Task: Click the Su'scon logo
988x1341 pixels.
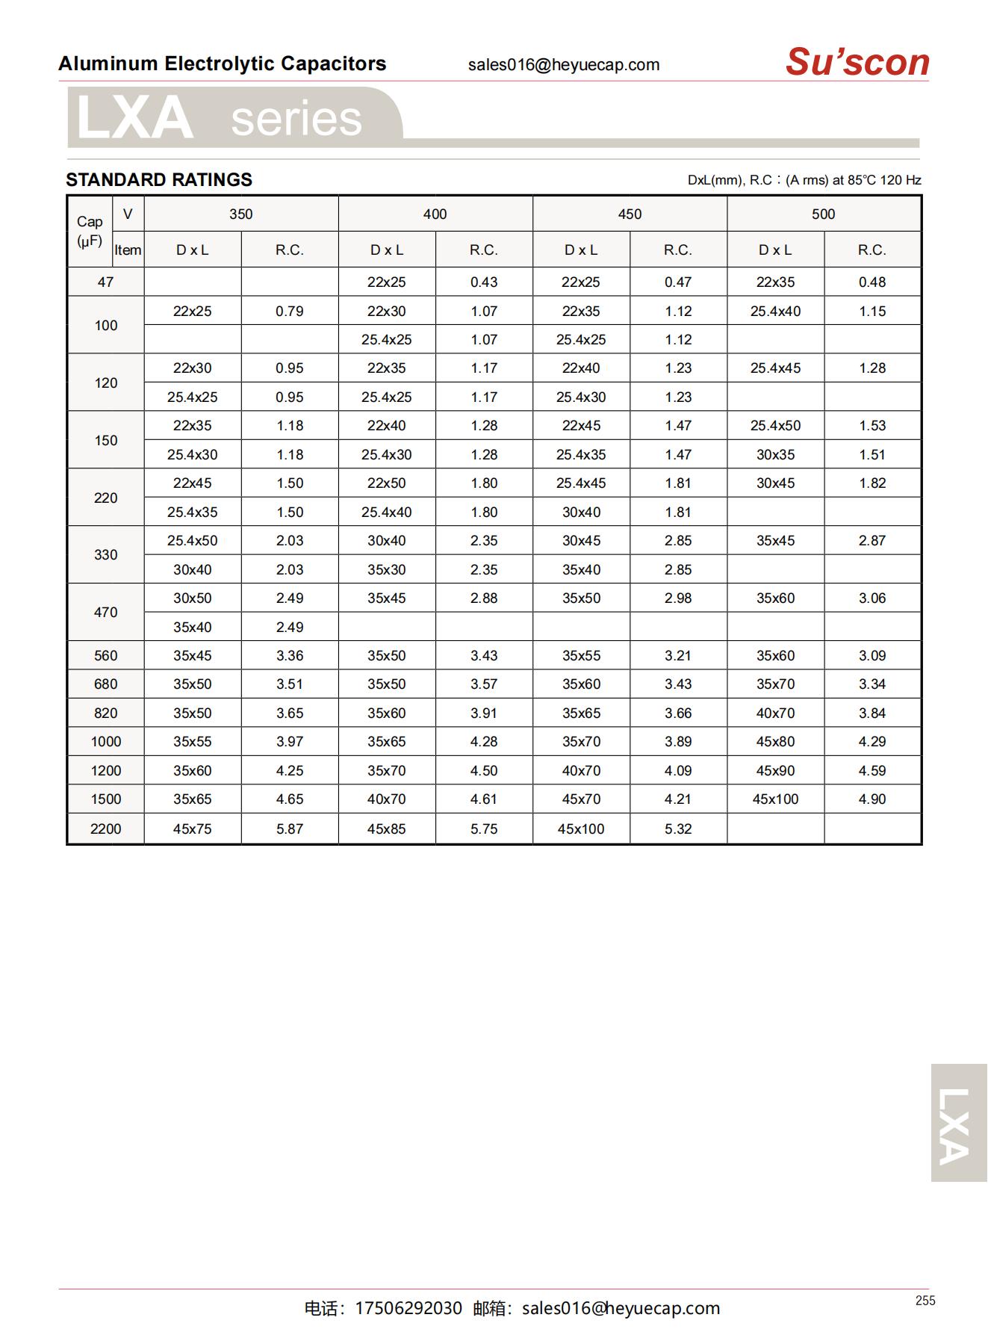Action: click(x=857, y=62)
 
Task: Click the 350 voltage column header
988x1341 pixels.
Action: click(x=240, y=214)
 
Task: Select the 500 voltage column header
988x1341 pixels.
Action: click(x=823, y=214)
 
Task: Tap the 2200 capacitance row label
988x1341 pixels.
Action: click(x=105, y=829)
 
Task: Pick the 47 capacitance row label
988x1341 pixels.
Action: click(x=105, y=282)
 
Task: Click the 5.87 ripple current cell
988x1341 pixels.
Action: click(x=290, y=829)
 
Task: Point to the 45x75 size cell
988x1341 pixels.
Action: click(x=192, y=829)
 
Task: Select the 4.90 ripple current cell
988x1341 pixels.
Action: click(x=872, y=799)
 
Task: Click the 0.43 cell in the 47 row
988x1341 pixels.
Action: click(x=484, y=282)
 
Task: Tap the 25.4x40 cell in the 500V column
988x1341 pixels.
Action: click(x=775, y=311)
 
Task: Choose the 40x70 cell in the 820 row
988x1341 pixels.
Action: click(x=775, y=713)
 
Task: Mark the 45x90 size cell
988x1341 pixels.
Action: click(x=775, y=771)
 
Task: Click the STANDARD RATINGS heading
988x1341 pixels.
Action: click(x=159, y=180)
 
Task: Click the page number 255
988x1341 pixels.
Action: click(x=925, y=1301)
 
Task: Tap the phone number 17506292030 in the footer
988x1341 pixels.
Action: click(x=408, y=1308)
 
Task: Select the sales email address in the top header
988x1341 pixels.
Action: click(x=564, y=65)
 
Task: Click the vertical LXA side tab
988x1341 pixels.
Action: click(x=958, y=1122)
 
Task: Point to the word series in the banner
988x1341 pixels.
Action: click(x=296, y=120)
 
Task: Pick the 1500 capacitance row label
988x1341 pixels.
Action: click(x=105, y=799)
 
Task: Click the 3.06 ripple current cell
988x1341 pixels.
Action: click(x=872, y=598)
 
